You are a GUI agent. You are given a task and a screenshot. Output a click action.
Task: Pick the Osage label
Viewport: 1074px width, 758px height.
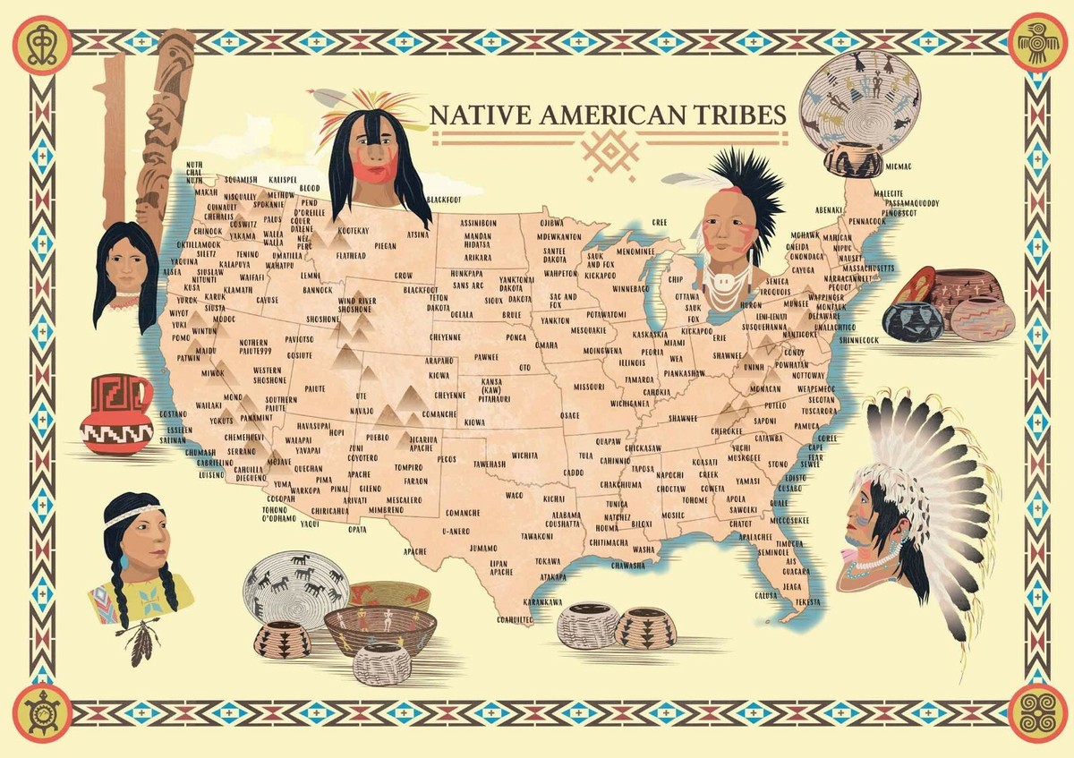[x=570, y=415]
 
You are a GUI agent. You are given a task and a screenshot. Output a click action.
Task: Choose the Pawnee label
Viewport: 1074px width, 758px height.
[x=486, y=356]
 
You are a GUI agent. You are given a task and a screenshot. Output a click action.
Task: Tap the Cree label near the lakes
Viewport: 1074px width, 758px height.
[x=660, y=222]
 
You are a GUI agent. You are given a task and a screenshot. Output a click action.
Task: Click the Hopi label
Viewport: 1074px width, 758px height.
[x=337, y=431]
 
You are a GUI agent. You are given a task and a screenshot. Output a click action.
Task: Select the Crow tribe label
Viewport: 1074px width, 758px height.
[x=404, y=276]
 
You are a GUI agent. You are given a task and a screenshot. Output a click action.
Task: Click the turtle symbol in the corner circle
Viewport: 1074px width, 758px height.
[x=41, y=712]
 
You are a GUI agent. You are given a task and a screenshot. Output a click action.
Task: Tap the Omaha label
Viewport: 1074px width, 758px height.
[x=546, y=345]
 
